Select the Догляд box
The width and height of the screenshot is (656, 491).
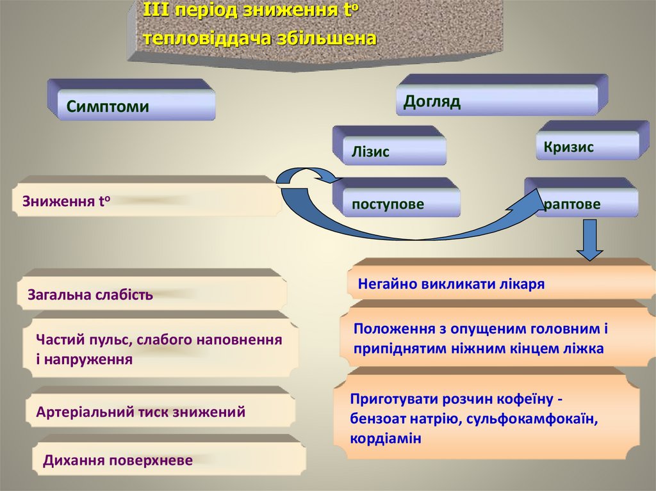(x=496, y=101)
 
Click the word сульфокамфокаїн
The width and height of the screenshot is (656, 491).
(x=532, y=419)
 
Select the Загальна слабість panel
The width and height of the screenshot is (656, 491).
(x=152, y=294)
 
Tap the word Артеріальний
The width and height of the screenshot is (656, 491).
(x=85, y=412)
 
